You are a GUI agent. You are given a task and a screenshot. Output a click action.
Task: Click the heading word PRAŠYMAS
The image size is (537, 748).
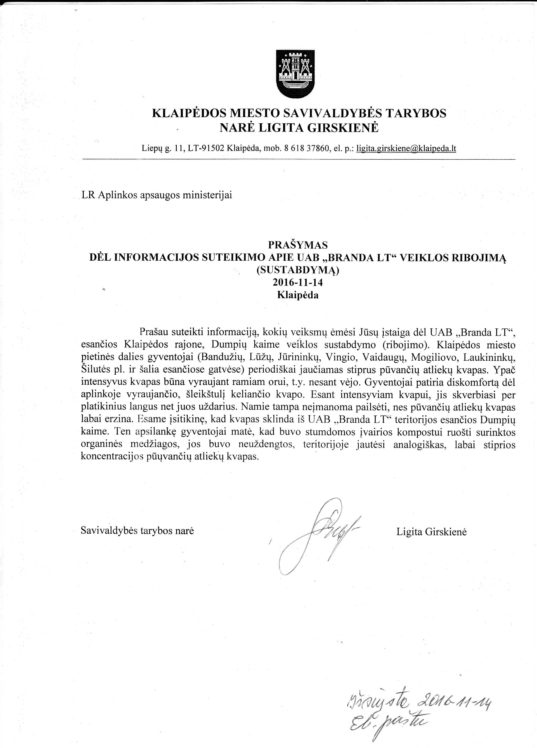tap(298, 245)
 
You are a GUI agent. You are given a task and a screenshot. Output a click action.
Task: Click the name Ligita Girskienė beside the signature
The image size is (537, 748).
tap(431, 532)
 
